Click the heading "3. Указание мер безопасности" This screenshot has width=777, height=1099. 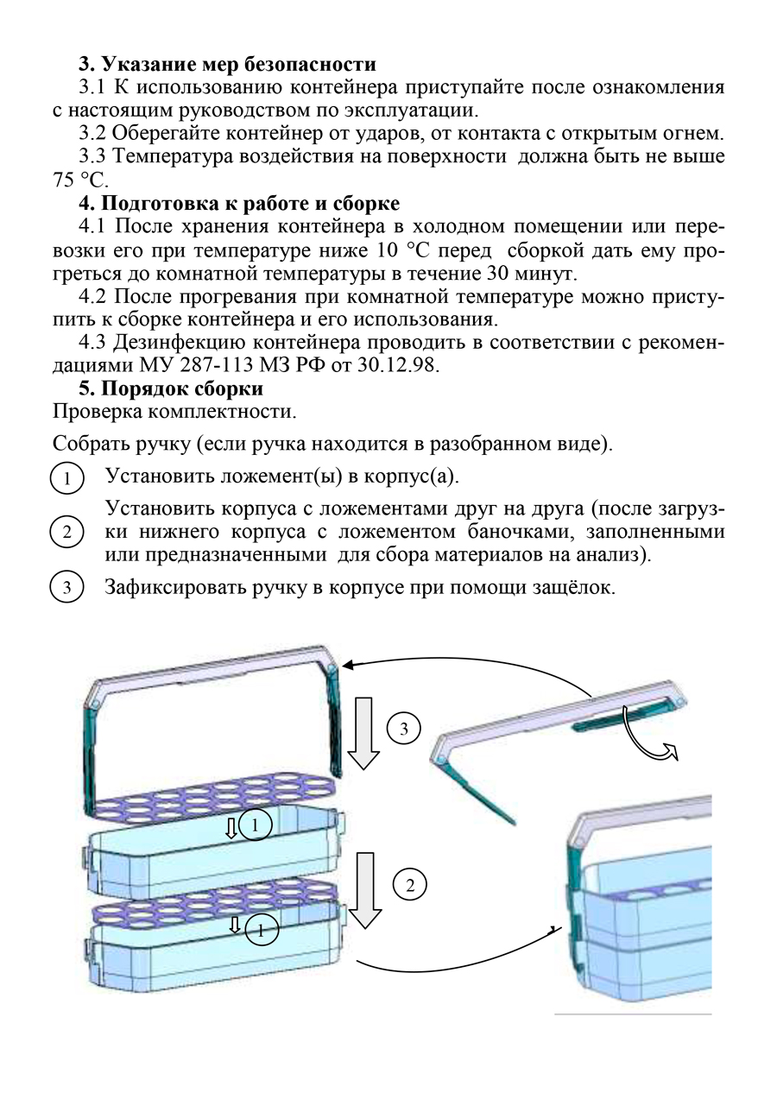[x=227, y=64]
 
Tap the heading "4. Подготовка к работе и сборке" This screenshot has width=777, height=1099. [x=238, y=205]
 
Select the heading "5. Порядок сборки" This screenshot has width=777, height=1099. [x=170, y=388]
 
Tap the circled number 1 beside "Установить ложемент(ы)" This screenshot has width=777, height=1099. [x=66, y=478]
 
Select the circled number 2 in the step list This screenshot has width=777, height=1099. [x=66, y=532]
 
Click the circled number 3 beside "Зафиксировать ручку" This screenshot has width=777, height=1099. [x=66, y=589]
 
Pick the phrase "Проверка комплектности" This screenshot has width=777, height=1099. [x=175, y=413]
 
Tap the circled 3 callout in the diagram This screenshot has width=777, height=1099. [x=402, y=730]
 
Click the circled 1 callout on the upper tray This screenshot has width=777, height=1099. [x=256, y=826]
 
